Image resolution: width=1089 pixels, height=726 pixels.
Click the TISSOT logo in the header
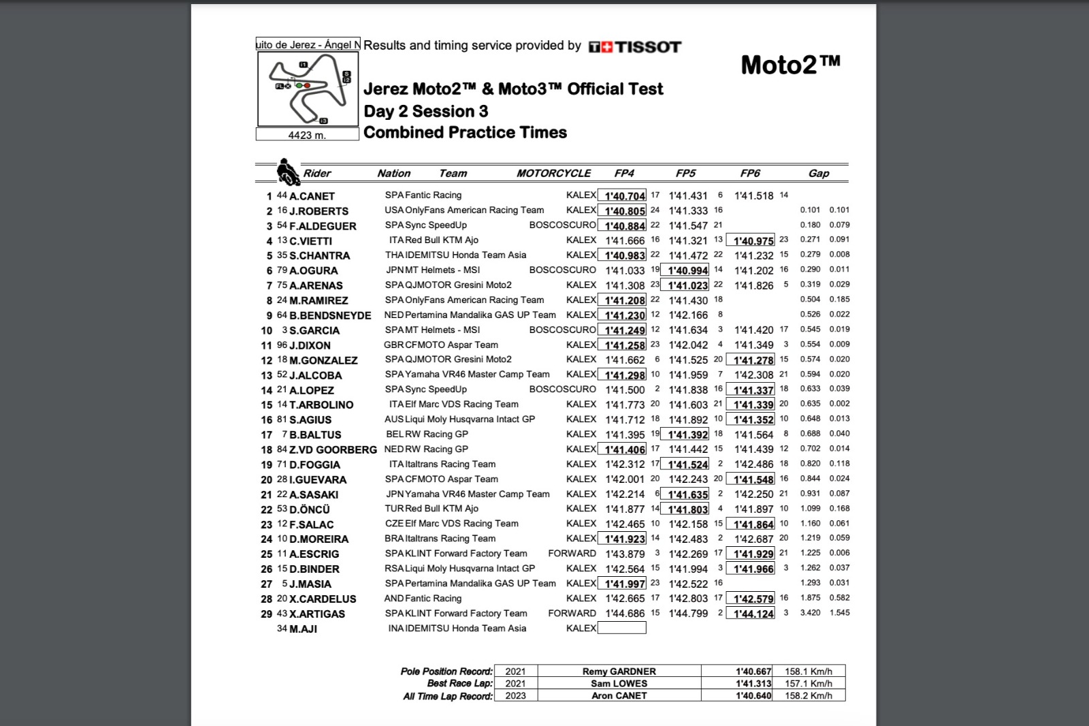(634, 46)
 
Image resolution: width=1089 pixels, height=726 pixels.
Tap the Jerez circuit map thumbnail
(308, 89)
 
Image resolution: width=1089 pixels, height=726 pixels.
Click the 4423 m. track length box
(307, 135)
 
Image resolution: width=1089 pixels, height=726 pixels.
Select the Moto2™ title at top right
(790, 65)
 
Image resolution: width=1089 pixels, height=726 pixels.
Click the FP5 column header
(685, 173)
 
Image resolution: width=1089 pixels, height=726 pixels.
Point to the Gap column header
(818, 173)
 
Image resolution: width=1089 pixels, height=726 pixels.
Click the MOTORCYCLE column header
(553, 173)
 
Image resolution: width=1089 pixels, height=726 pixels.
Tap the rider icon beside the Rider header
(288, 172)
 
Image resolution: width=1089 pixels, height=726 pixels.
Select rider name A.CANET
(312, 196)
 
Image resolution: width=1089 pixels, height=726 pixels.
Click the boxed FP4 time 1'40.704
(622, 196)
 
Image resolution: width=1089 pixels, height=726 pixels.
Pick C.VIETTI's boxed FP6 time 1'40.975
(750, 241)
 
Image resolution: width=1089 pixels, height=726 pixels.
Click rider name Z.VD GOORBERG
(333, 449)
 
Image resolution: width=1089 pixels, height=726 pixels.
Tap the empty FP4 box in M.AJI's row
(621, 628)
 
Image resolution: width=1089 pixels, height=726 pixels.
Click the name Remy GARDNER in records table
(619, 672)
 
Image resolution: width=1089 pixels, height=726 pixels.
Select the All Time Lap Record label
(448, 696)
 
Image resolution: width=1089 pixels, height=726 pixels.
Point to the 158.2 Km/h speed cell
(808, 696)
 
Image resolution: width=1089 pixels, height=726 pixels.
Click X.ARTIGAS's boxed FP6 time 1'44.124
(750, 614)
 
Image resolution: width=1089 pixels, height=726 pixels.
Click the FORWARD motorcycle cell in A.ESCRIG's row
(572, 554)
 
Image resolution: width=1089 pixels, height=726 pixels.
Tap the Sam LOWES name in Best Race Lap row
(619, 684)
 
